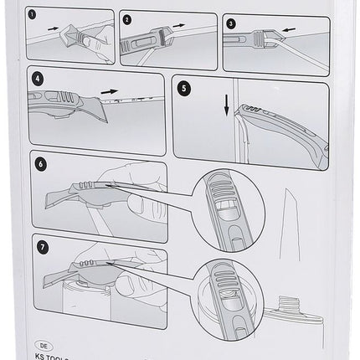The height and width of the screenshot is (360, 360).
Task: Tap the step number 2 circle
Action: tap(127, 19)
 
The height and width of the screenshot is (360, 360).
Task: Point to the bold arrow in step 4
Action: tap(109, 86)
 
